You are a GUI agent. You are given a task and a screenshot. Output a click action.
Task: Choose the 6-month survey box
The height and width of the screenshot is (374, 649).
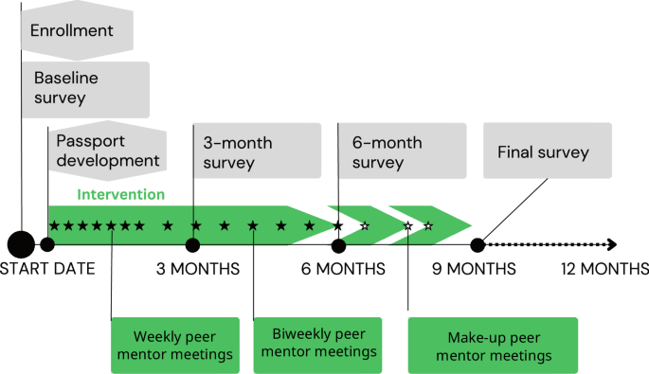pos(403,152)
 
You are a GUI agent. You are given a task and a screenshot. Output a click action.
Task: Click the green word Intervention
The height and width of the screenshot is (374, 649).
pos(117,196)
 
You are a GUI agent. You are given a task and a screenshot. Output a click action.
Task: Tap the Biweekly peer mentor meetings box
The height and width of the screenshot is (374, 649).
pos(317,344)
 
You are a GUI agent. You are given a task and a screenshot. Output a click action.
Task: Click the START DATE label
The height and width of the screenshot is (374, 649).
pos(47,269)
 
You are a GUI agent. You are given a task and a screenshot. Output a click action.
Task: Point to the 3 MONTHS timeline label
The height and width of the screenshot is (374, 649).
pos(198,269)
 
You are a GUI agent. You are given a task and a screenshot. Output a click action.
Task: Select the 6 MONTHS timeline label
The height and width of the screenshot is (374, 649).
pos(343,269)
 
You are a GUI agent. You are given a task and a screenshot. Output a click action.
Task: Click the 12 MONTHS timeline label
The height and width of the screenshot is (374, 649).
pos(604,269)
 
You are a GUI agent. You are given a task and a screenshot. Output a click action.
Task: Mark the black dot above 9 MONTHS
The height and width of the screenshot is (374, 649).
pos(478,245)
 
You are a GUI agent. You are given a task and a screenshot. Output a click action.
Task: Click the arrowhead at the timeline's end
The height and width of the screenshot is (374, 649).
pos(613,244)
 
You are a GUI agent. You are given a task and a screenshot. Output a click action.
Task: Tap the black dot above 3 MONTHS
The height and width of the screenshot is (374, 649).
pos(192,245)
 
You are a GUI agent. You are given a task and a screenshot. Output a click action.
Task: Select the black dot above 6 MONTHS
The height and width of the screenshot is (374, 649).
pos(338,245)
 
